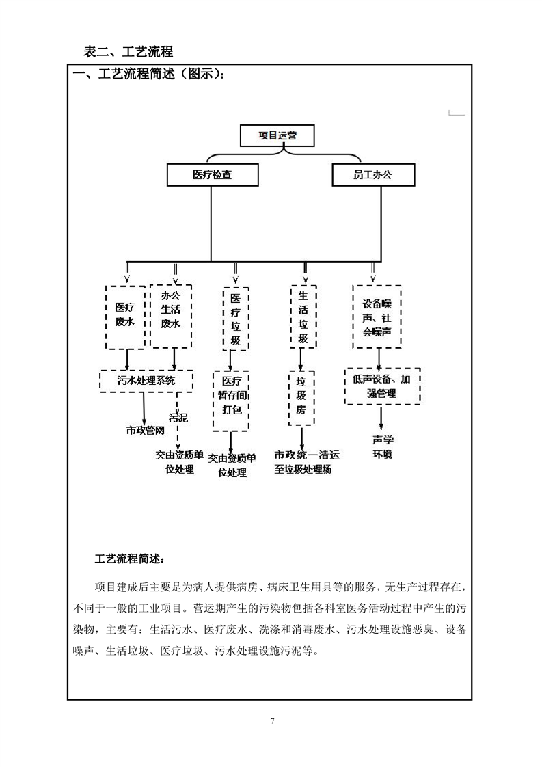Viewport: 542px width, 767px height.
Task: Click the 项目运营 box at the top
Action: pos(277,135)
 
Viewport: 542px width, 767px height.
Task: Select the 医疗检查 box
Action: pos(213,174)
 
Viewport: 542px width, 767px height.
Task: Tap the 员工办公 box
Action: pos(373,174)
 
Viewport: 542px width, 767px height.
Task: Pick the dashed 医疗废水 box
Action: pos(125,317)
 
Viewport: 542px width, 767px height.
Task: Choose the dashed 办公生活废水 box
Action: pos(171,316)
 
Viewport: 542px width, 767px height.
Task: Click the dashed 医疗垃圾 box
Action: pos(236,319)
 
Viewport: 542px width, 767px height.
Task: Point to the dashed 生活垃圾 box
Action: pos(303,317)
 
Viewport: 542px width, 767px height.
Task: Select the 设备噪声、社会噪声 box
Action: pos(377,317)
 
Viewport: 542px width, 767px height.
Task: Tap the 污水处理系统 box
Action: pos(146,381)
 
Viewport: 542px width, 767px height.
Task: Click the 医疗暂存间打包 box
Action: pos(232,401)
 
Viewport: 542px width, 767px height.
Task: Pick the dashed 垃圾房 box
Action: pos(301,398)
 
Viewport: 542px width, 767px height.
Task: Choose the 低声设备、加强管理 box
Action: pos(382,386)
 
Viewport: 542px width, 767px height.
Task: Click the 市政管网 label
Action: pos(146,431)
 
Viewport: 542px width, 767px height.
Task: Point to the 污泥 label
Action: pos(178,417)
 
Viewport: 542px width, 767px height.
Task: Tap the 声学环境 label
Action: pos(383,447)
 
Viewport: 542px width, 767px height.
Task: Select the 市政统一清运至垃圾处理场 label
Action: pos(307,462)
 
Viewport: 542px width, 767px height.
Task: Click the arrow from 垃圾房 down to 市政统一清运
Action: pos(301,438)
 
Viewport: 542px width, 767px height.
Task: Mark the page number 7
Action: pos(273,721)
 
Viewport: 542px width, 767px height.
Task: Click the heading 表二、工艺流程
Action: pos(128,51)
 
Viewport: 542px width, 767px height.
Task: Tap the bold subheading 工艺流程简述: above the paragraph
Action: pos(130,559)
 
